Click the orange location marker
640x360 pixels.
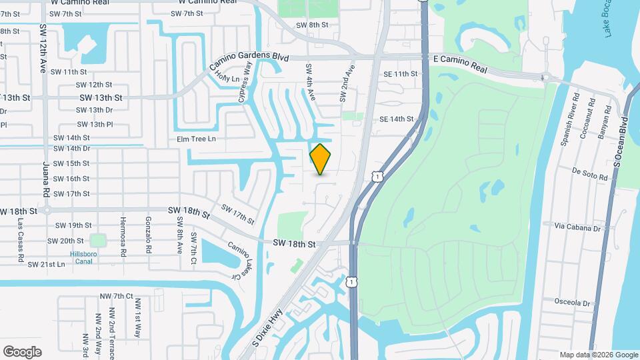pyautogui.click(x=321, y=159)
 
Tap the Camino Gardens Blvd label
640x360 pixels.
pyautogui.click(x=249, y=58)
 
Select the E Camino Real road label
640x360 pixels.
pyautogui.click(x=460, y=64)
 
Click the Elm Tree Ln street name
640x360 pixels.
pyautogui.click(x=197, y=139)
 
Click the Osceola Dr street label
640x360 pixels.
pyautogui.click(x=573, y=302)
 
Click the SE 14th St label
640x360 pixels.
pyautogui.click(x=397, y=119)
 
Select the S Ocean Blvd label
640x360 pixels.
pyautogui.click(x=621, y=143)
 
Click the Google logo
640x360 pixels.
pyautogui.click(x=22, y=351)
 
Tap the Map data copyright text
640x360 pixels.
pyautogui.click(x=599, y=355)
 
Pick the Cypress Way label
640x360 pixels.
pyautogui.click(x=245, y=81)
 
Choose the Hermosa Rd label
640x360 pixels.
pyautogui.click(x=123, y=237)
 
